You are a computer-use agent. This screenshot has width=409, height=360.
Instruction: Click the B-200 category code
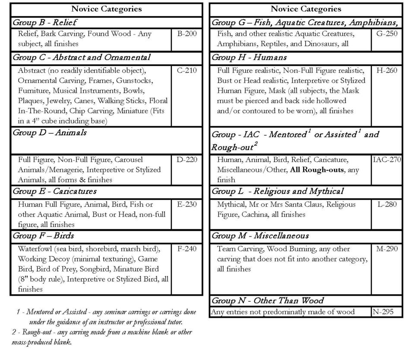[187, 34]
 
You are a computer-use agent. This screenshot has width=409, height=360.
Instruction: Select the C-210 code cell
[187, 70]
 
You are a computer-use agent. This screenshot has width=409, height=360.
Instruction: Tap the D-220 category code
[187, 160]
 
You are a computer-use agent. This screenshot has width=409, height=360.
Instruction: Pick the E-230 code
[187, 205]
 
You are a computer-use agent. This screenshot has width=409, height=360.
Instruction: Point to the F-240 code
[187, 249]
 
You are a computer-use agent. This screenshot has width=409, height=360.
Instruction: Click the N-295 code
[383, 312]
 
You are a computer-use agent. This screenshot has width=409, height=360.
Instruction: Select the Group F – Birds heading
[43, 236]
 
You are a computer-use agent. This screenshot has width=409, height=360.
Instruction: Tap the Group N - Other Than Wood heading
[267, 300]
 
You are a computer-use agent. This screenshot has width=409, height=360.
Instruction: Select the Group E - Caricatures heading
[54, 191]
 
